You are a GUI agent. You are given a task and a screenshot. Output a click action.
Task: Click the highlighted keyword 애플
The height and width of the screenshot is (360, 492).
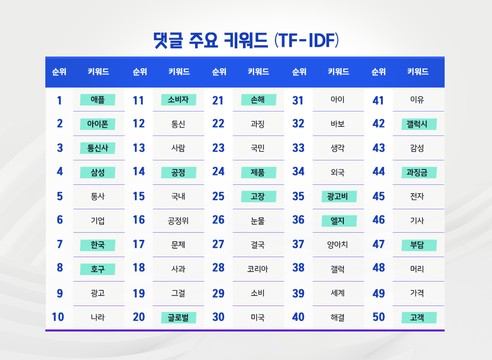point(98,100)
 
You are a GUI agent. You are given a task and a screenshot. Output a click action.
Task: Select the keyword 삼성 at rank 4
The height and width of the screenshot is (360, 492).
point(98,172)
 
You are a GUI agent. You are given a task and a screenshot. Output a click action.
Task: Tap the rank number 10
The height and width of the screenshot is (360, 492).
point(58,317)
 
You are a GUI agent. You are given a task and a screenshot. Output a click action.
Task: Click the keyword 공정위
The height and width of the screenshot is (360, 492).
point(178,220)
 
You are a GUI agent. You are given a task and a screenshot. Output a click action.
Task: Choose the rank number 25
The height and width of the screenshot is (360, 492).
point(218,196)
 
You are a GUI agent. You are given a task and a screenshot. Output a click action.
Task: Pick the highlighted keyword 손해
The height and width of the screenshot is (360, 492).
point(258,100)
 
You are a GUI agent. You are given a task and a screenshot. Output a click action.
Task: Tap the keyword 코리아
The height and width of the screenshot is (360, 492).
point(258,269)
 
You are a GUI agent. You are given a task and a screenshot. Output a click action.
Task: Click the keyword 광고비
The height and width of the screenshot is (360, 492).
point(338,196)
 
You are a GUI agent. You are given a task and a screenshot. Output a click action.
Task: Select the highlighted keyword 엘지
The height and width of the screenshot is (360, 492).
point(338,220)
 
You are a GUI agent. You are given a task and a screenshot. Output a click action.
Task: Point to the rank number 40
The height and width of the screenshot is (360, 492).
point(298,317)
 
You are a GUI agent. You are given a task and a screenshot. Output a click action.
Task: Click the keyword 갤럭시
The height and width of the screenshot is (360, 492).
point(418,124)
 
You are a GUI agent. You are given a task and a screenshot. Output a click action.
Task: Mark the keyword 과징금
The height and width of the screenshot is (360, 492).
point(418,172)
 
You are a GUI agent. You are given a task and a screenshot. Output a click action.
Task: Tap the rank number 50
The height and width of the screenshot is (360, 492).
point(378,317)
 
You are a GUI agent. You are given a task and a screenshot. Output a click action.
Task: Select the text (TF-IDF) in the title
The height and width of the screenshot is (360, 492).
point(306,39)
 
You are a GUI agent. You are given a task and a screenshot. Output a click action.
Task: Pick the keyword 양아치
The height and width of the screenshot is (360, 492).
point(338,245)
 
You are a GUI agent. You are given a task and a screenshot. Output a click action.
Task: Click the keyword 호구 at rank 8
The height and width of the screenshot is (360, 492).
point(98,269)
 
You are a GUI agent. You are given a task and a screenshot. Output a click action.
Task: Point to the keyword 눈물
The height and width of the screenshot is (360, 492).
point(258,220)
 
